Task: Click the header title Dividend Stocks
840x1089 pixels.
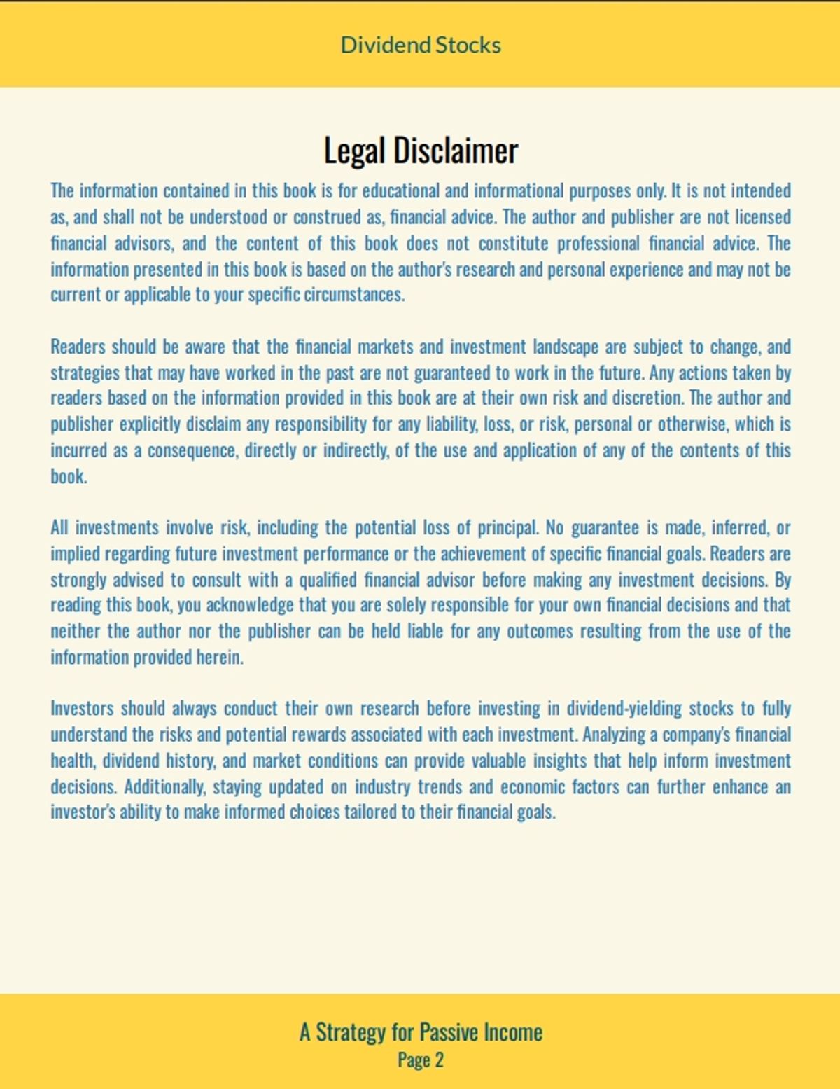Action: point(421,45)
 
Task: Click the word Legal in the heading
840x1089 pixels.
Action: point(354,151)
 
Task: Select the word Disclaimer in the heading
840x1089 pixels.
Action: point(456,151)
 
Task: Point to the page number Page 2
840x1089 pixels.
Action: point(421,1060)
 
